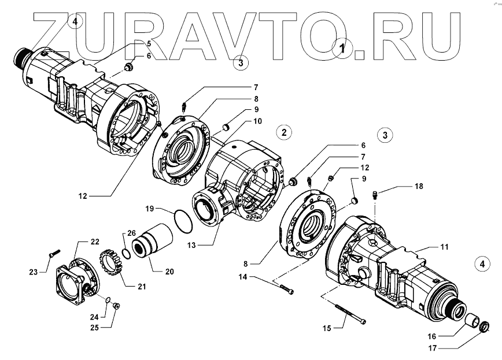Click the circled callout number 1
(x=343, y=49)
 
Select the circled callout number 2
(x=284, y=132)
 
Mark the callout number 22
(x=94, y=241)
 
